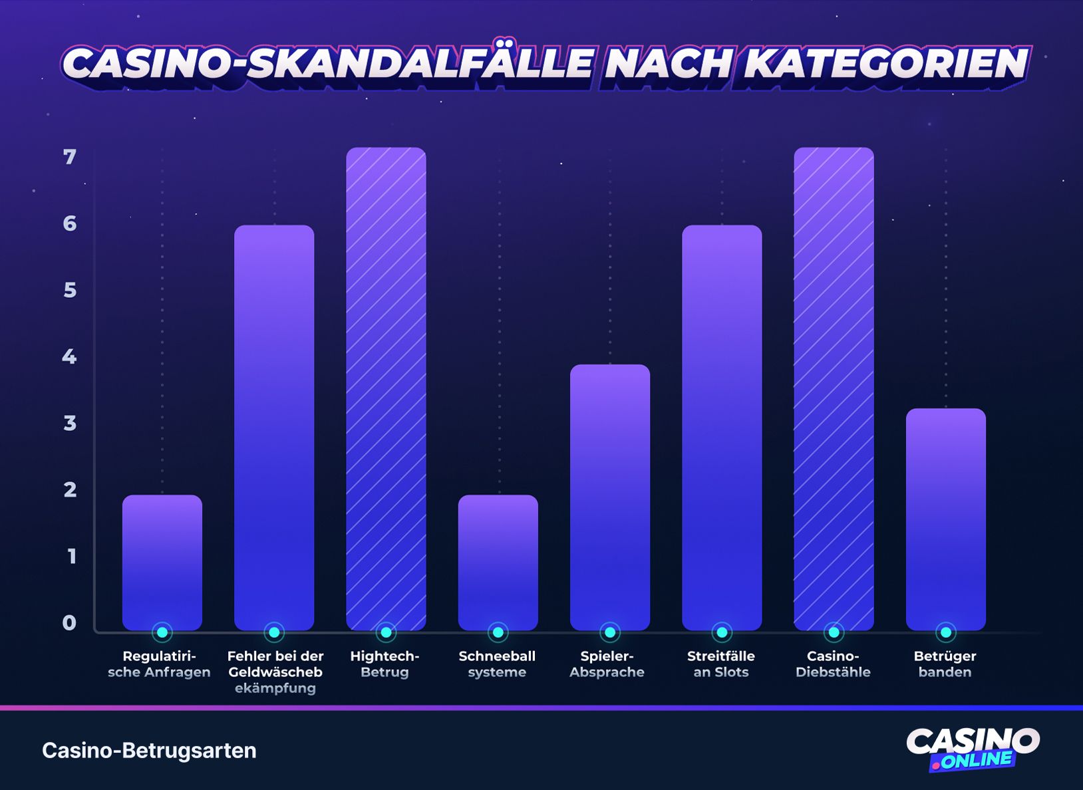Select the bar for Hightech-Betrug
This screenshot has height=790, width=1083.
pos(386,389)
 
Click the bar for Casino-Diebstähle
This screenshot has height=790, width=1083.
pos(834,389)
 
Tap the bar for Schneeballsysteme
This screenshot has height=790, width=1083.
pos(498,562)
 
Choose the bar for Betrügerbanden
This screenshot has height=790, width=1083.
pos(945,519)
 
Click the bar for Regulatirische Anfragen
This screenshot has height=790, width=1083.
pos(162,562)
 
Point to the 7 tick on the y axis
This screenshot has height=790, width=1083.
pos(70,157)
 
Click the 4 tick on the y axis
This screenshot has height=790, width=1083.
pos(70,357)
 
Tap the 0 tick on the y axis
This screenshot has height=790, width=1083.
pos(70,623)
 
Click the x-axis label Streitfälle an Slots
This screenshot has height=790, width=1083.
pos(720,664)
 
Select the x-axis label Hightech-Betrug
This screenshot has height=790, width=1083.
pos(385,664)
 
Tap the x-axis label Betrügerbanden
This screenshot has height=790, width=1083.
pos(945,664)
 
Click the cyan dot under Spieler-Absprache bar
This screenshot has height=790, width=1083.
pos(609,632)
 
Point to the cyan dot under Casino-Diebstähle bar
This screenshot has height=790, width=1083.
pos(834,632)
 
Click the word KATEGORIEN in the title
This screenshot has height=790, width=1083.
pos(885,64)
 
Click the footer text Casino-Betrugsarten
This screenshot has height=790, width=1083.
pos(149,750)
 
